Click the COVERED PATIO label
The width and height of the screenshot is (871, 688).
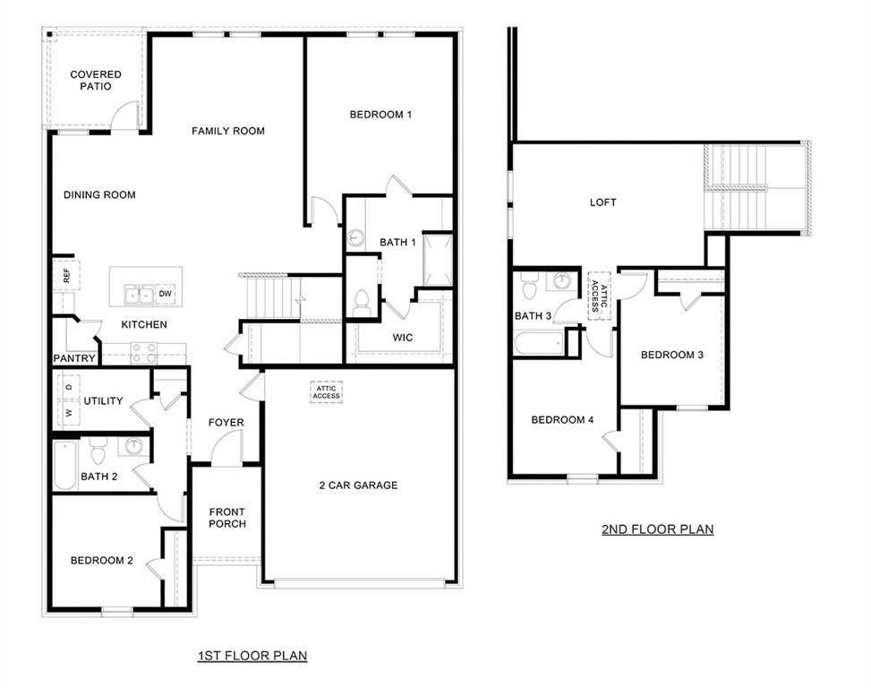coord(96,81)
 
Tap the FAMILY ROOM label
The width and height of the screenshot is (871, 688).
coord(228,131)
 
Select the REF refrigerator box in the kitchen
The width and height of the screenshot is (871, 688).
coord(66,276)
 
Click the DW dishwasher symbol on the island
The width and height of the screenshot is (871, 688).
coord(165,294)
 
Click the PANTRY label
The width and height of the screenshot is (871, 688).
coord(74,358)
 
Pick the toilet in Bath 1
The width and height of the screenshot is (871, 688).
coord(363,302)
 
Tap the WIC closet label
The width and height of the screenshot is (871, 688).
coord(402,338)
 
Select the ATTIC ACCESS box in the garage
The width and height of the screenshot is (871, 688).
coord(326,392)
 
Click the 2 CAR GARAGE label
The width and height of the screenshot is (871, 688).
coord(358,486)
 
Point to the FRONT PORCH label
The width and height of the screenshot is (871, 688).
coord(227,518)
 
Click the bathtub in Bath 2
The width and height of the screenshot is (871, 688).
coord(64,465)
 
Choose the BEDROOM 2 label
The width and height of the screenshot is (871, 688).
coord(102,561)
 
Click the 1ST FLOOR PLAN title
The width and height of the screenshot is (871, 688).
coord(252,656)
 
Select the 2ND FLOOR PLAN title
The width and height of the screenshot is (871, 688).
coord(657,529)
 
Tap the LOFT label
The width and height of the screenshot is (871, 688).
coord(603,202)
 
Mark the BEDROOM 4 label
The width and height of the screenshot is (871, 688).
coord(562,420)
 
